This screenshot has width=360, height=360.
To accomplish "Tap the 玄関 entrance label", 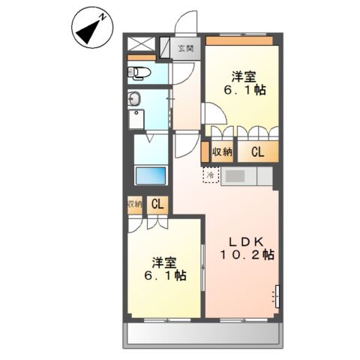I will pos(184,49).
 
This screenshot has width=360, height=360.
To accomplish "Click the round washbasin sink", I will pos(136,98).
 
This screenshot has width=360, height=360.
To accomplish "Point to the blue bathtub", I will pos(151,175).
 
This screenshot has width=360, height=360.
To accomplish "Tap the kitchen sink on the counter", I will pos(232,175).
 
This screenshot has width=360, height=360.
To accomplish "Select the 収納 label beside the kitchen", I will pos(222,152).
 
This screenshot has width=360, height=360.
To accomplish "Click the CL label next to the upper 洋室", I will pos(257,152).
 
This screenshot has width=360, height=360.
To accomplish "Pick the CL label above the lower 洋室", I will pos(158,204).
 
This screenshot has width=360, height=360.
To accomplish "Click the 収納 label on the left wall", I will pos(133,204).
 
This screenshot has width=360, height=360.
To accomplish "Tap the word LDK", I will pos(246,241).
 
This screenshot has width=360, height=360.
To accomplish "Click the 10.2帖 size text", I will pos(247,256).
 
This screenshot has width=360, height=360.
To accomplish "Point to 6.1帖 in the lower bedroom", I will pos(165,276).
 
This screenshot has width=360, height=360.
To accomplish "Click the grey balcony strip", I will pos(202,333).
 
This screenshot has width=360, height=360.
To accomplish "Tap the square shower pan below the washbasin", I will pos(137,120).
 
